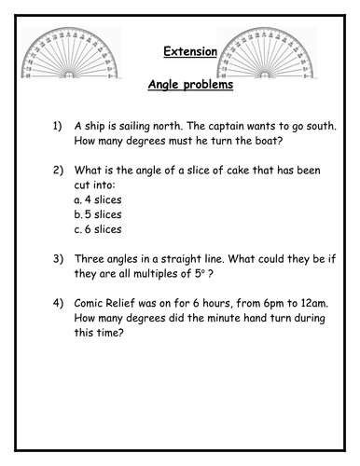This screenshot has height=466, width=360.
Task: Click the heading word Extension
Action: (183, 52)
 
